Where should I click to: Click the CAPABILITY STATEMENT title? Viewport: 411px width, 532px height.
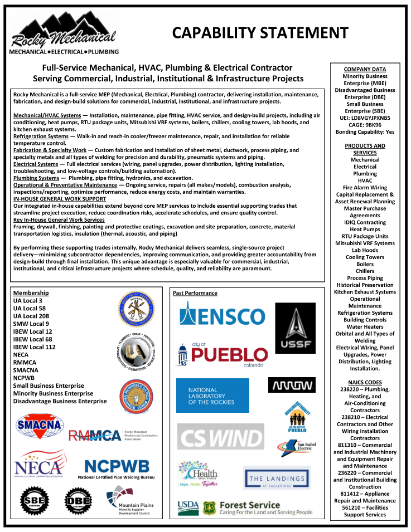[x=260, y=33]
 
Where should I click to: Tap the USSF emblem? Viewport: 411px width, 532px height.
[x=295, y=328]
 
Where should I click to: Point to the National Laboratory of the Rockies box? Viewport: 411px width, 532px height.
[x=212, y=396]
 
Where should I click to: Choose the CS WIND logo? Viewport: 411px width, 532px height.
[x=221, y=436]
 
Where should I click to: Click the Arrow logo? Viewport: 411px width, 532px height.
[x=292, y=384]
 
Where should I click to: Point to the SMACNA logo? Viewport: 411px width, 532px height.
[x=38, y=426]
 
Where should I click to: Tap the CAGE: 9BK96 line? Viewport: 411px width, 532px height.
[x=365, y=125]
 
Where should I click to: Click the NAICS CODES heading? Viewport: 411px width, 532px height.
[x=365, y=382]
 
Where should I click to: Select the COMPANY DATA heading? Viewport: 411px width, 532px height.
[x=365, y=69]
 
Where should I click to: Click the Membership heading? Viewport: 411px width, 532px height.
[x=31, y=293]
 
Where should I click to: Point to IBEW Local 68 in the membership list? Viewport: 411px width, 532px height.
[x=33, y=339]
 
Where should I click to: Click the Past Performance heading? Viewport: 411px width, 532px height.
[x=195, y=293]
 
